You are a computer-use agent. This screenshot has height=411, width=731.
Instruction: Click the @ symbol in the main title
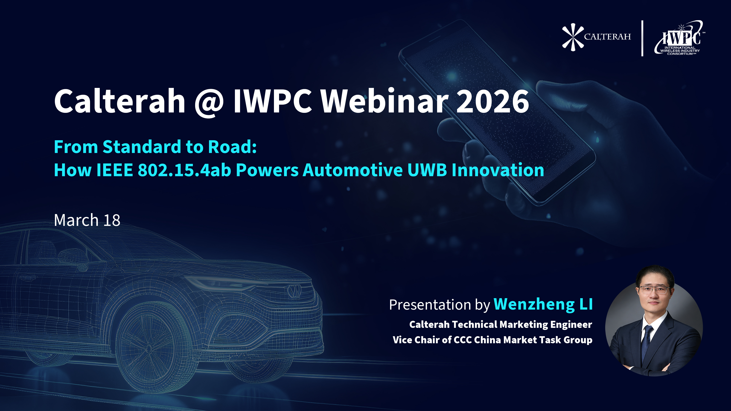(209, 102)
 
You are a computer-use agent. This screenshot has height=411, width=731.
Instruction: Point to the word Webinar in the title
(385, 100)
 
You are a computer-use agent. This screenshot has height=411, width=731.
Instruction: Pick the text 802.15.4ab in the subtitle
(184, 170)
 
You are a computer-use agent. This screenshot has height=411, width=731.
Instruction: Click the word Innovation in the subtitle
(498, 170)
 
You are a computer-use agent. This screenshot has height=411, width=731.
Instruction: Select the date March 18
(87, 220)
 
